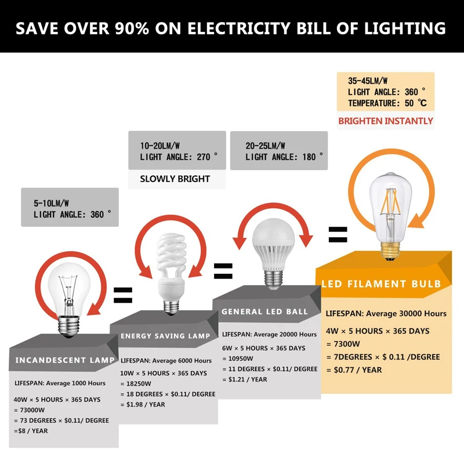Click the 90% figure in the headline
[x=132, y=28]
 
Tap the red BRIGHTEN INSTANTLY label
[x=386, y=121]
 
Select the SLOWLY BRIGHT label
[x=175, y=179]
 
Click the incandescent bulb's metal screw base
[x=69, y=327]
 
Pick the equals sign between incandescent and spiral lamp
[x=123, y=295]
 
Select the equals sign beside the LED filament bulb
[x=338, y=234]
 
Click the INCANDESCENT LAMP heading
[x=65, y=360]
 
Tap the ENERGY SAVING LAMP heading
[x=165, y=336]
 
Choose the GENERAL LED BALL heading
[x=264, y=311]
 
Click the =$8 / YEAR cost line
[x=31, y=431]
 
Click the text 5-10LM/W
[x=51, y=204]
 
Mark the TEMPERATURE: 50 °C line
[x=387, y=103]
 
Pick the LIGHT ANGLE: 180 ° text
[x=284, y=157]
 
